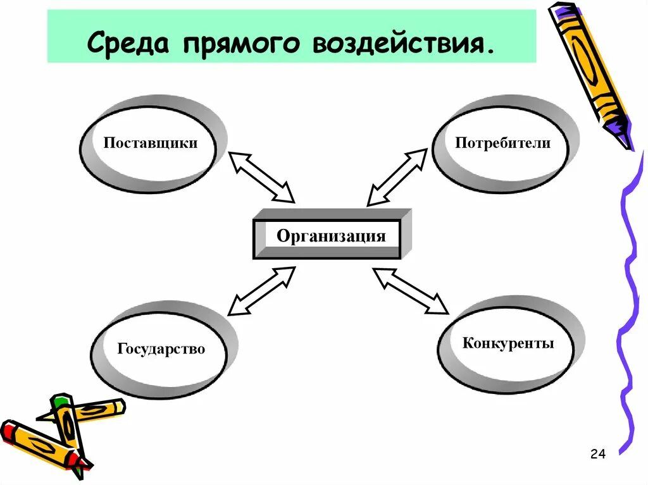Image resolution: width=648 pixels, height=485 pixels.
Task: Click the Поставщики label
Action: point(151,143)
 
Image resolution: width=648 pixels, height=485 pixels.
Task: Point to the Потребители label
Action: point(503,143)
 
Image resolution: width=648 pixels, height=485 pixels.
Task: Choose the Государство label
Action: point(161,348)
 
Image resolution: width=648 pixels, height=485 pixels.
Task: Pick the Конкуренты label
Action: point(508,343)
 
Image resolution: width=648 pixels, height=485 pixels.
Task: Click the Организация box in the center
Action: point(330,237)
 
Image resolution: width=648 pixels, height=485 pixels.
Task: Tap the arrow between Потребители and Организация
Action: point(397,177)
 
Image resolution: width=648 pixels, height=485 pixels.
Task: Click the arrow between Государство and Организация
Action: point(261,290)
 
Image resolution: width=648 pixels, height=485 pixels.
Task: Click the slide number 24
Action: point(597,454)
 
